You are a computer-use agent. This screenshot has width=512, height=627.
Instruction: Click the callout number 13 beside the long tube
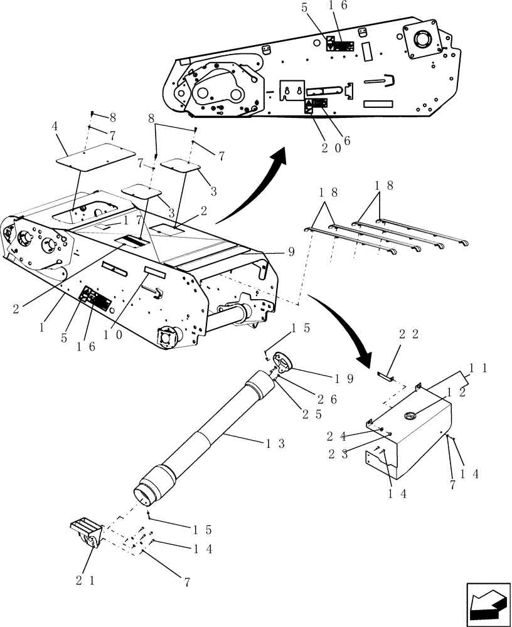275,444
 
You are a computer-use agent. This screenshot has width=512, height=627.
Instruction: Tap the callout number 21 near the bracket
85,581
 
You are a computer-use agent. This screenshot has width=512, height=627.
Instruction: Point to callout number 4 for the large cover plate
55,126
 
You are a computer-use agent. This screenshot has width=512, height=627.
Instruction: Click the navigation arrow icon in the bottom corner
486,606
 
